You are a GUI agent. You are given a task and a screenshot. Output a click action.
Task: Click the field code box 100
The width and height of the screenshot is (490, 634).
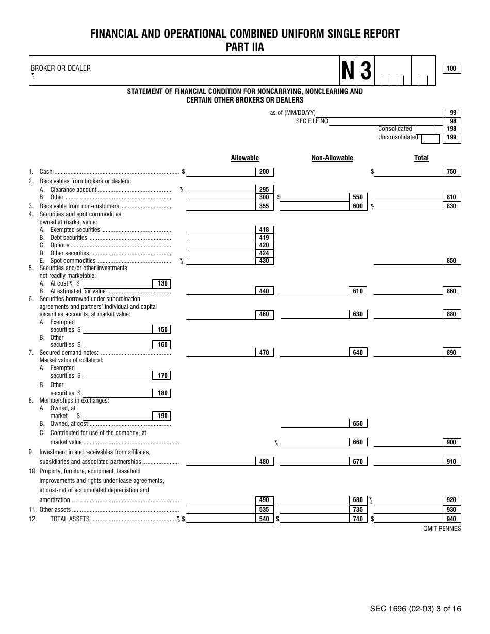[451, 69]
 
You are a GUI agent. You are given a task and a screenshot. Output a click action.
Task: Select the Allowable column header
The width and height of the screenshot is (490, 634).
[244, 158]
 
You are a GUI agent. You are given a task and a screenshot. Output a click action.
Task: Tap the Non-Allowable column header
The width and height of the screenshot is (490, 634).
[332, 158]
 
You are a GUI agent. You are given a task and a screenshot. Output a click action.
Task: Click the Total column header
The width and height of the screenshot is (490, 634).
[421, 158]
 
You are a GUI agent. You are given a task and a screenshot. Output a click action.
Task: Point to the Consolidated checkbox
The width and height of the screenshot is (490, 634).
[424, 129]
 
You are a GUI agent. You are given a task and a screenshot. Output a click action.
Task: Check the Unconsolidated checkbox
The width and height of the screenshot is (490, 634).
[430, 138]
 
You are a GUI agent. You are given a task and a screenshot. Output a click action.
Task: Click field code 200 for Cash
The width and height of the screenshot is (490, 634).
[264, 172]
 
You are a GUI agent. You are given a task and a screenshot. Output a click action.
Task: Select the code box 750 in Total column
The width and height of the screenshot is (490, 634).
[451, 172]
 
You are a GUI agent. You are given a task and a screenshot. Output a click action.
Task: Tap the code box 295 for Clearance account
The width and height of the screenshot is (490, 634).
[264, 190]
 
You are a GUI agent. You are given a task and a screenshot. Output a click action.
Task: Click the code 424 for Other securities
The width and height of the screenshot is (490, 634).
[264, 253]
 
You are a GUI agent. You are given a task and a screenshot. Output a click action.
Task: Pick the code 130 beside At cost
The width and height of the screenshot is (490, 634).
[162, 283]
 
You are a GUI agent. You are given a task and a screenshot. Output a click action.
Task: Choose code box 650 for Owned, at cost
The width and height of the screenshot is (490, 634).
[358, 424]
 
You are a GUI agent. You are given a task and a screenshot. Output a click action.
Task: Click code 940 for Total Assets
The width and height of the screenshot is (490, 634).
[451, 519]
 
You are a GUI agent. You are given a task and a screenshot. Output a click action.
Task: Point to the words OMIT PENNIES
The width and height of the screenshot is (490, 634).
[442, 529]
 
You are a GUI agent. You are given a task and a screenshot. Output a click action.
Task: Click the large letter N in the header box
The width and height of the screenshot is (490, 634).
[349, 71]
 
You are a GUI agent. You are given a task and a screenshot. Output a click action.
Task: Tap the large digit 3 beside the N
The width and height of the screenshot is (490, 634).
[366, 71]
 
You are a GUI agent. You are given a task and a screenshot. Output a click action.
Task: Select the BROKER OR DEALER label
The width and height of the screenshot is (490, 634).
[60, 68]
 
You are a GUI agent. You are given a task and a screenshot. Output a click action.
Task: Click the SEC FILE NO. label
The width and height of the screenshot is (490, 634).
[313, 121]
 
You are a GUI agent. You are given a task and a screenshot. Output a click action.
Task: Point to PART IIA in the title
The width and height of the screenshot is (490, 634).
[244, 47]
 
